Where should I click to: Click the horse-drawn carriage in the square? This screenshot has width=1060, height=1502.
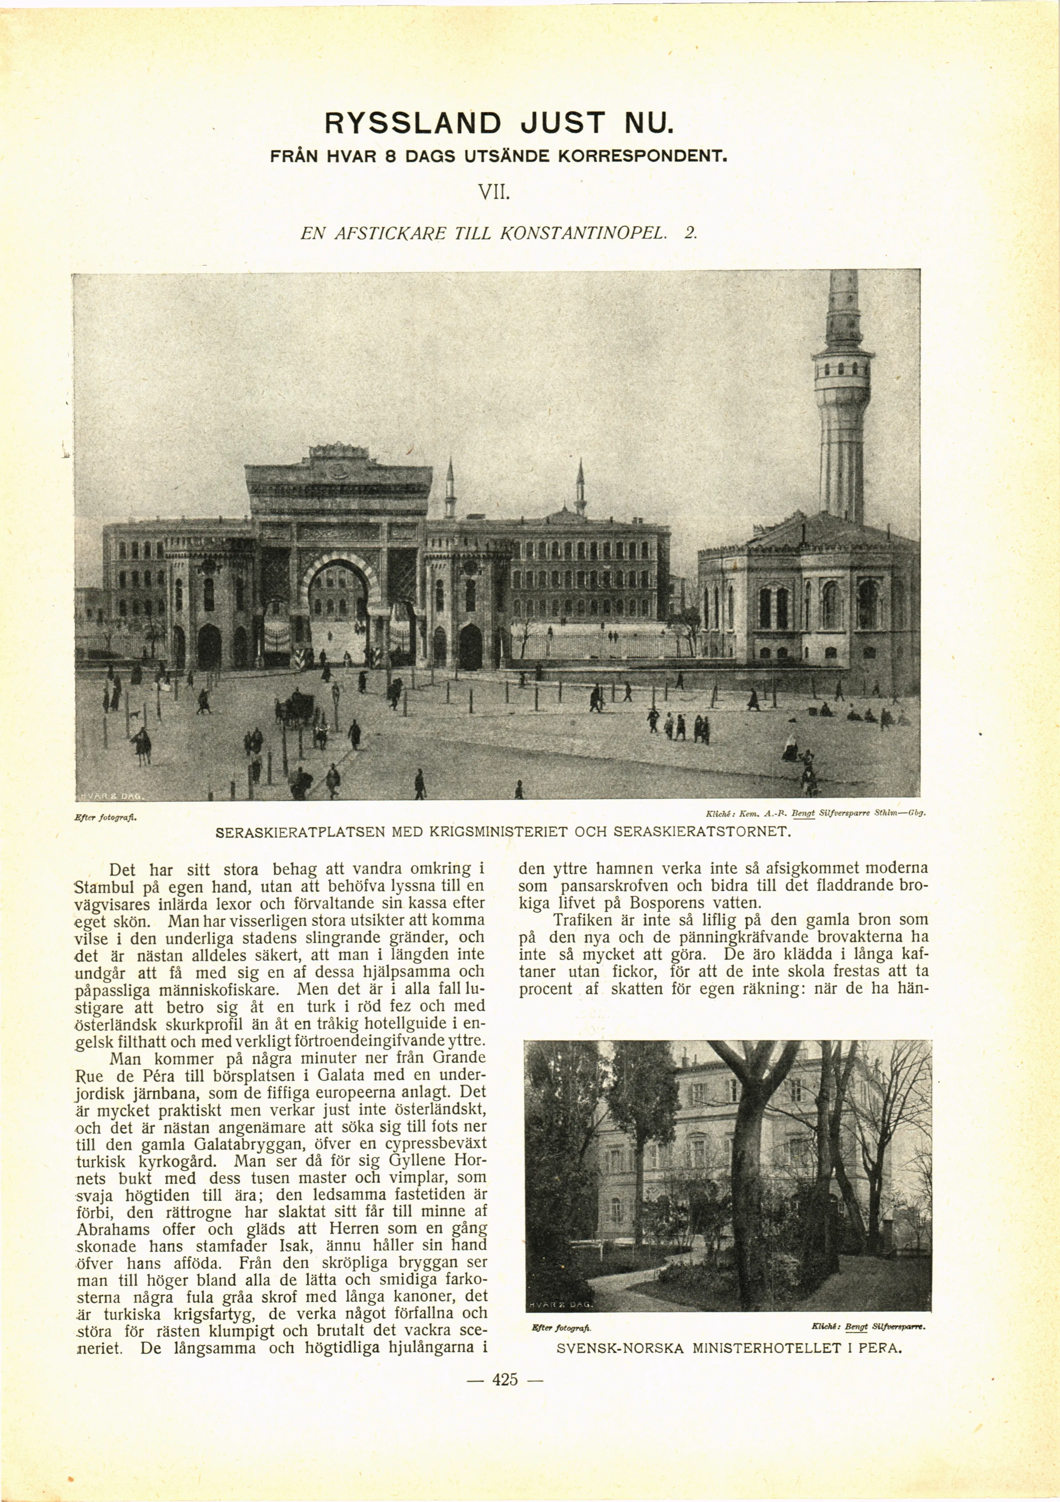[x=298, y=708]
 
